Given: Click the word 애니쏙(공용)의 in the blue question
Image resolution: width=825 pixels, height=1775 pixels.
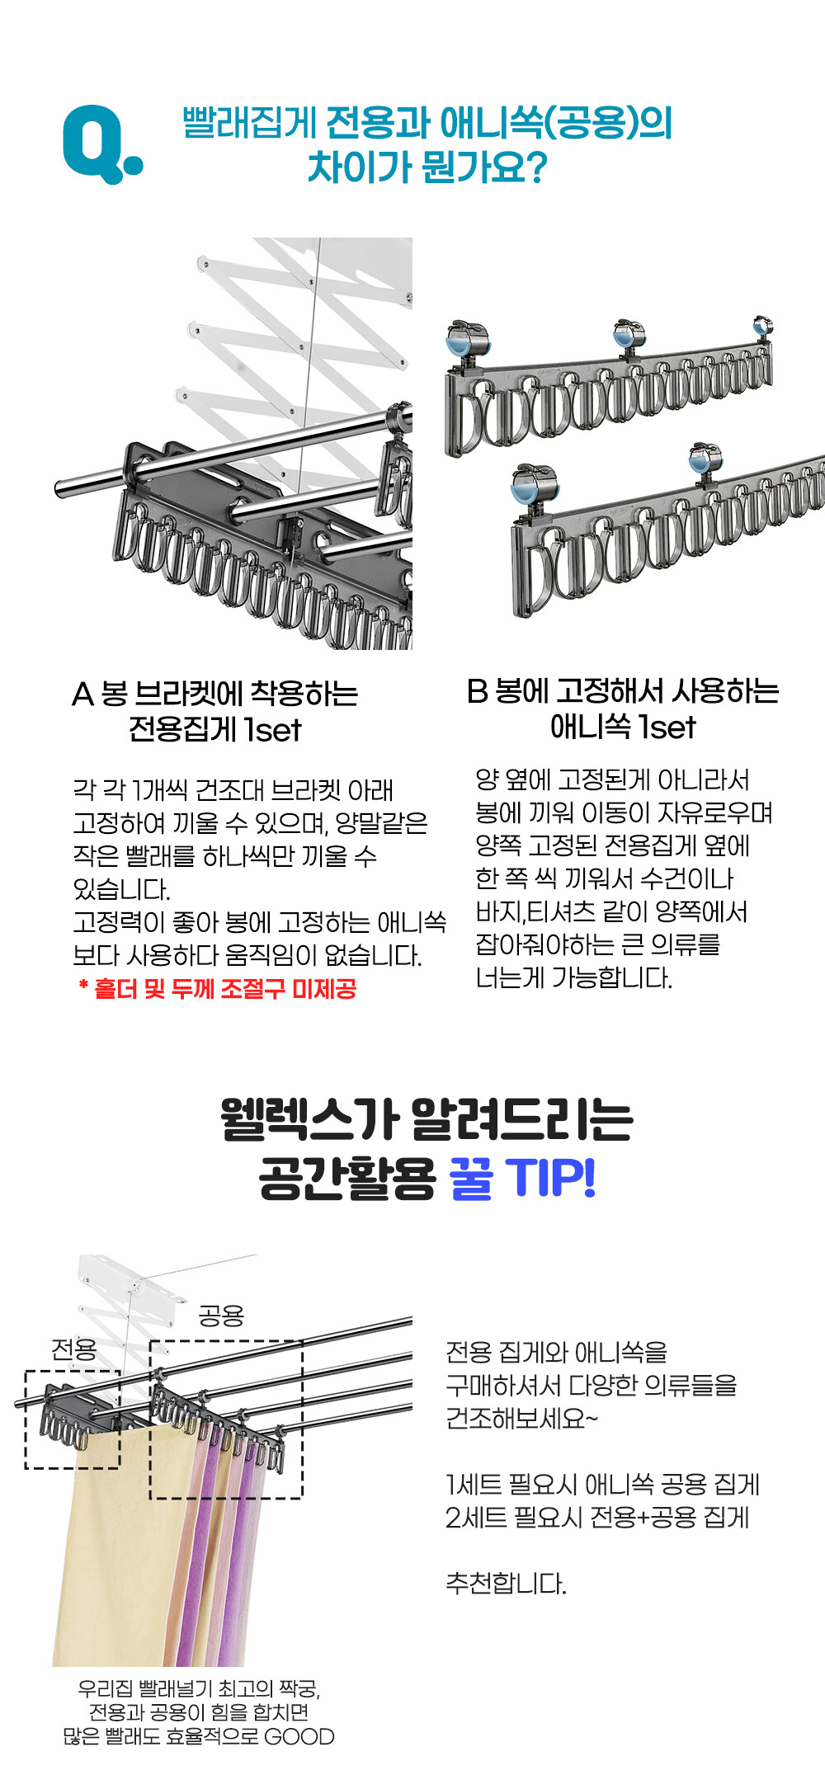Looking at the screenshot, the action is (x=556, y=123).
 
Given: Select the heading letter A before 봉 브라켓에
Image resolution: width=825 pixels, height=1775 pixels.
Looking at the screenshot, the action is (x=82, y=694).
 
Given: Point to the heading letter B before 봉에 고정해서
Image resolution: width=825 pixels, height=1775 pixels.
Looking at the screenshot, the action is (x=477, y=691).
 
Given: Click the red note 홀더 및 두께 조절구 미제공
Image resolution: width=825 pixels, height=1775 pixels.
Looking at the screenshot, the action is (x=224, y=988).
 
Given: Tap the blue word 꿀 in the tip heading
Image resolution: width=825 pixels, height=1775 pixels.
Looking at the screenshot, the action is (x=471, y=1177).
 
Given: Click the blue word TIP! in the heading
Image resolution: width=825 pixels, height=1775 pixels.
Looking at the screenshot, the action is (x=549, y=1177).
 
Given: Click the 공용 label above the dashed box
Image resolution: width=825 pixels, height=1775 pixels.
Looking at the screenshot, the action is (x=221, y=1315).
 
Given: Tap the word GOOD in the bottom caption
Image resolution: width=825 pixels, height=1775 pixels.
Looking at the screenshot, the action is (x=299, y=1737).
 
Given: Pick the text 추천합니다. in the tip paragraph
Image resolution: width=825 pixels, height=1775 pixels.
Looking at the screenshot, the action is (x=506, y=1583).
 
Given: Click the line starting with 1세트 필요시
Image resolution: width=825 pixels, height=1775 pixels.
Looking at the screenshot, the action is (x=602, y=1485).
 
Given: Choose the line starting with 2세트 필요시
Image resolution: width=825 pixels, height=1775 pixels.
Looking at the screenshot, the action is (x=597, y=1517).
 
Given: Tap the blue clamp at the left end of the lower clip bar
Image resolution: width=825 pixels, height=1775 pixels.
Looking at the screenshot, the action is (x=535, y=485).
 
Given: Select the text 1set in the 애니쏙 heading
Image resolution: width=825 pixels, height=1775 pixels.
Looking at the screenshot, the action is (x=667, y=727).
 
